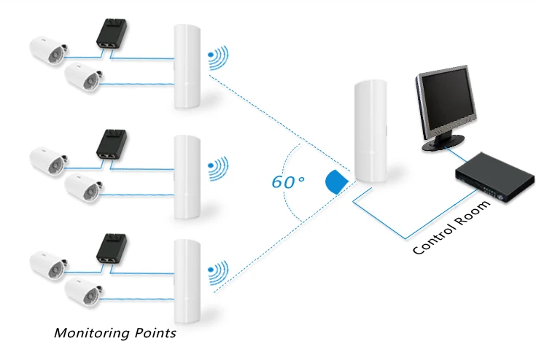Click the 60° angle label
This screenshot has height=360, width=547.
pyautogui.click(x=288, y=181)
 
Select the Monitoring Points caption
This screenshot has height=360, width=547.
pyautogui.click(x=115, y=333)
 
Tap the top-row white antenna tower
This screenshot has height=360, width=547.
pyautogui.click(x=187, y=66)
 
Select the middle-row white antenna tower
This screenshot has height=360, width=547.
pyautogui.click(x=187, y=176)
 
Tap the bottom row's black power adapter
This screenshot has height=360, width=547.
pyautogui.click(x=110, y=249)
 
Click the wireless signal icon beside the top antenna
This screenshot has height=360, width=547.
pyautogui.click(x=218, y=58)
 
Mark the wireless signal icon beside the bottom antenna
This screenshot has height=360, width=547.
pyautogui.click(x=218, y=273)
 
